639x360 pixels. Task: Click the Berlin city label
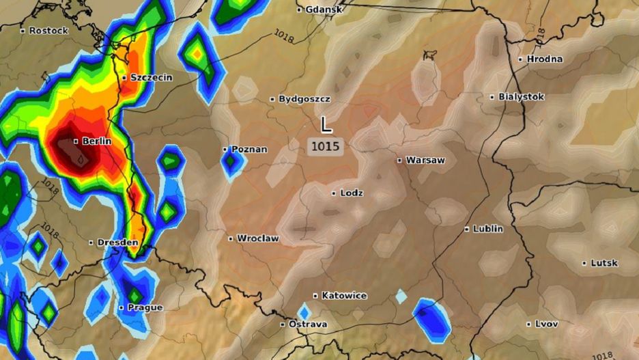pos(96,141)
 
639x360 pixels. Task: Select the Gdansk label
pos(323,10)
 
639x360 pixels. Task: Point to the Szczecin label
pos(151,78)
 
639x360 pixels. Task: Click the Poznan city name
pos(249,149)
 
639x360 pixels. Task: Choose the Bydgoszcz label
pos(304,99)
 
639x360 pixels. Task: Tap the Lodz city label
pos(352,193)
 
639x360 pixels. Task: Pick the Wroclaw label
pos(257,238)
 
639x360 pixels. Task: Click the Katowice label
pos(344,296)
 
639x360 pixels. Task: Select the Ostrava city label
pos(307,324)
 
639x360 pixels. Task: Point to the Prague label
pos(145,307)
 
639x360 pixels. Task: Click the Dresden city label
pos(117,243)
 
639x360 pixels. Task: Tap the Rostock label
pos(48,31)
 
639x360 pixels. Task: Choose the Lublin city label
pos(487,229)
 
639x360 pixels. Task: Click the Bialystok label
pos(521,97)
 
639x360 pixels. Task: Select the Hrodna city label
pos(544,59)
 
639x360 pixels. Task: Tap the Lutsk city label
pos(604,263)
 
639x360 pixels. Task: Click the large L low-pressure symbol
pos(326,124)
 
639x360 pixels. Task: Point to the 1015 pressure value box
pos(326,146)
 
